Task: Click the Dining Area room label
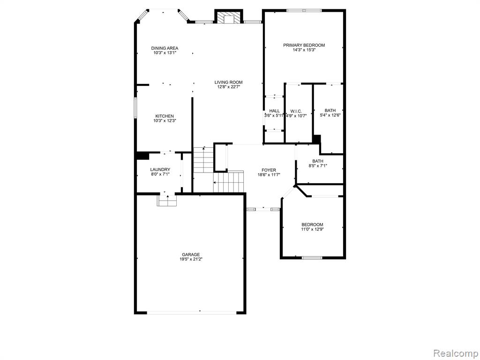[165, 48]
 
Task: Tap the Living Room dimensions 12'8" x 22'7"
[228, 87]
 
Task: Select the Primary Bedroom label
[304, 45]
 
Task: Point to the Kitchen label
[165, 116]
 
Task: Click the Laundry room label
[160, 170]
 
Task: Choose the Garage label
[191, 255]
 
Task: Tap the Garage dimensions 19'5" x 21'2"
[191, 259]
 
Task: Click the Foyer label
[269, 170]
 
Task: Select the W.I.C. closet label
[296, 111]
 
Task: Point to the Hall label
[274, 111]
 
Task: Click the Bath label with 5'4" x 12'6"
[330, 111]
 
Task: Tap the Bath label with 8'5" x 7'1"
[318, 161]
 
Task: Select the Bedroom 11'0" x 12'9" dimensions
[312, 229]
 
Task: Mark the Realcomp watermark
[456, 353]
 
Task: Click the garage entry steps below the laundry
[167, 200]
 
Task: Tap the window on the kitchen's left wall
[135, 107]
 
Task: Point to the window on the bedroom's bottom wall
[312, 258]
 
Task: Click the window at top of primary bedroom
[304, 10]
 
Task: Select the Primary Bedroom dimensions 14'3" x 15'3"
[304, 50]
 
